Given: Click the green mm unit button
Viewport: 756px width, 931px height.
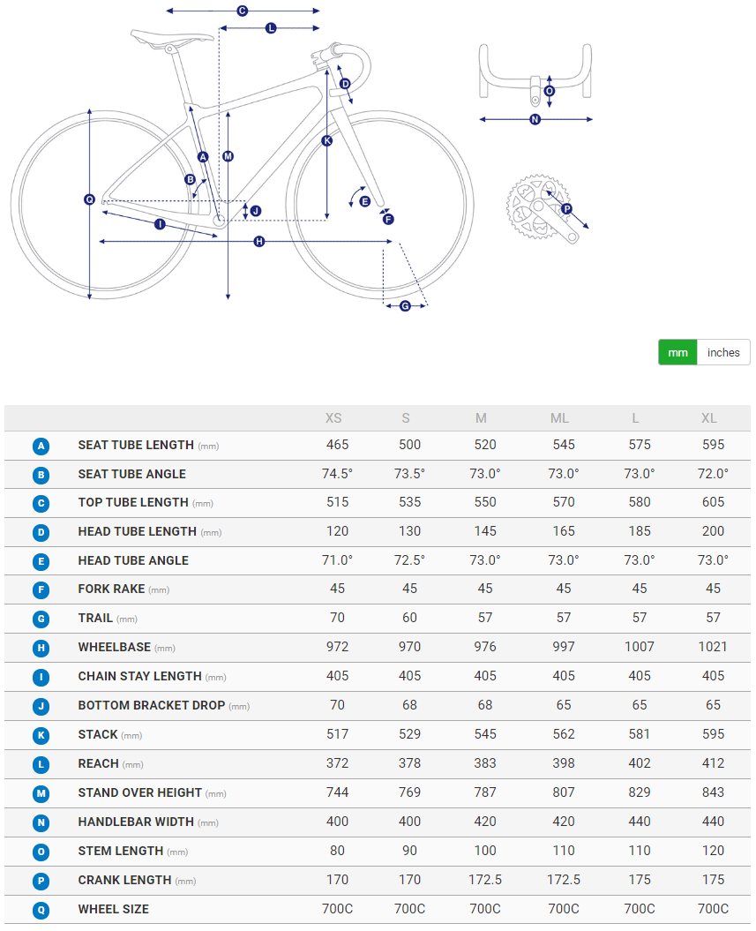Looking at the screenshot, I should [677, 352].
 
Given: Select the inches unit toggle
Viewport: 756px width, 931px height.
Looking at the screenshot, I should [723, 352].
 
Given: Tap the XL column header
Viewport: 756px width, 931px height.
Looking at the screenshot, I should [709, 417].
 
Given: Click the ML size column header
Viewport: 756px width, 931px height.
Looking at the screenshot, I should [559, 417].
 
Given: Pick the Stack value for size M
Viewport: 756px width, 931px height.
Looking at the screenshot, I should [485, 734].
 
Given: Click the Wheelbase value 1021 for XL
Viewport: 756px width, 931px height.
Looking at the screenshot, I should [712, 647].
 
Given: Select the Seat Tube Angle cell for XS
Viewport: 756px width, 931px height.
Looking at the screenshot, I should [337, 474].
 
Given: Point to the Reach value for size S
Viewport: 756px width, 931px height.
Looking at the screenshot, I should [409, 763].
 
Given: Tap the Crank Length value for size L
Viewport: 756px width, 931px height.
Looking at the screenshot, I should [640, 880].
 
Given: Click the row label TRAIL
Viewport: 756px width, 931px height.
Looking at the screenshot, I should [95, 619].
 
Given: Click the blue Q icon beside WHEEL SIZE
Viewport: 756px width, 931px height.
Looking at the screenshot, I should [41, 910].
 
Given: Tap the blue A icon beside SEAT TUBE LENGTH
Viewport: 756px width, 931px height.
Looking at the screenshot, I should [41, 447].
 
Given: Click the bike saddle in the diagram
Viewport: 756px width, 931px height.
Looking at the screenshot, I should [173, 37].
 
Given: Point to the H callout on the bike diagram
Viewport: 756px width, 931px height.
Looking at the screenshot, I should [259, 241].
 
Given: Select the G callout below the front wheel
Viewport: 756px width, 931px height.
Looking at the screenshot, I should [405, 305].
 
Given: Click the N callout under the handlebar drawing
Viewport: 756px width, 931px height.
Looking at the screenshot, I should [535, 119].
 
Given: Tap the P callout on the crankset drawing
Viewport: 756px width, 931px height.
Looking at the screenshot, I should [566, 209].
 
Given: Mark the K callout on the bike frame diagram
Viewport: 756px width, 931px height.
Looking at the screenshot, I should [327, 140].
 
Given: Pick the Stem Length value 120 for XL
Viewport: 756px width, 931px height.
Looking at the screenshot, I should [713, 851].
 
